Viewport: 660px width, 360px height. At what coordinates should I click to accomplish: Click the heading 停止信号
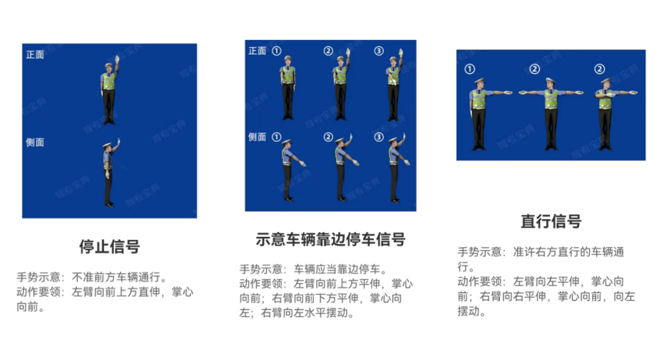click(x=109, y=247)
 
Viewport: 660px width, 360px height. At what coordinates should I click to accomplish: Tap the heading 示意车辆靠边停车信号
click(x=331, y=239)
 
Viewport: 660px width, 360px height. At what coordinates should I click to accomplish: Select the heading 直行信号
click(x=551, y=221)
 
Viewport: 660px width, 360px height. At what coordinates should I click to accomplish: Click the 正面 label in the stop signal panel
click(x=35, y=55)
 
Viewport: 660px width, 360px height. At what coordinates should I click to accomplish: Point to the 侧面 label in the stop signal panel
click(x=35, y=142)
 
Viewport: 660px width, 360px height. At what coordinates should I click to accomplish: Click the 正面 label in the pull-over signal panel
click(x=257, y=51)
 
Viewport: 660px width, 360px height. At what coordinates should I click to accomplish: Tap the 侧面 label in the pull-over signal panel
click(x=257, y=137)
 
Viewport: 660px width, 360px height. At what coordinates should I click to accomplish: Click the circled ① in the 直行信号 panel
click(x=470, y=69)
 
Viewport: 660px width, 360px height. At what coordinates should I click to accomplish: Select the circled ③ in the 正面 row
click(x=378, y=51)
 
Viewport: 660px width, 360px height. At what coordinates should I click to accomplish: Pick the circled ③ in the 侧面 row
click(x=378, y=137)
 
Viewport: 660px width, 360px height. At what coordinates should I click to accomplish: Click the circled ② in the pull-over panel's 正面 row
click(x=328, y=51)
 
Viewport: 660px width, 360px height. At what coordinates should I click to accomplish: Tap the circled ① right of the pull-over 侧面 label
click(x=277, y=137)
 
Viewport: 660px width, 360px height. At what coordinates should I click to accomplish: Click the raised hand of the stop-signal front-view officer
click(x=117, y=59)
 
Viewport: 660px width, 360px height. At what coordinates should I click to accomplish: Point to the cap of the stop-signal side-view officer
click(x=108, y=145)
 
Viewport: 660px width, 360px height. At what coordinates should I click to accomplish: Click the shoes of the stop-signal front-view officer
click(x=109, y=122)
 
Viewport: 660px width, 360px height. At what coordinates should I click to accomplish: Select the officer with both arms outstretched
click(x=551, y=114)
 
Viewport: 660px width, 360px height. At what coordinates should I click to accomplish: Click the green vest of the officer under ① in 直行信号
click(x=479, y=99)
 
